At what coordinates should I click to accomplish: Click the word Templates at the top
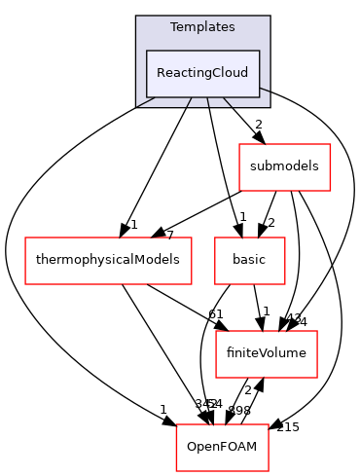point(202,27)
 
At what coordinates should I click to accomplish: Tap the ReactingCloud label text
point(202,73)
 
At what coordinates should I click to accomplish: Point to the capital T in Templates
point(174,27)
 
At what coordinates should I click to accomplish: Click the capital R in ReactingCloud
point(161,73)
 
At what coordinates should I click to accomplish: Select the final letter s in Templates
point(232,27)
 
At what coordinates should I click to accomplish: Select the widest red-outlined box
point(108,261)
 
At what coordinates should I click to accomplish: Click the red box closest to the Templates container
point(285,167)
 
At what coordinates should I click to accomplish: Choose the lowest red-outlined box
point(222,448)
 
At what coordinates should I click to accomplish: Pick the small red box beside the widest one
point(250,261)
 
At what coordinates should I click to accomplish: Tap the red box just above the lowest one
point(267,354)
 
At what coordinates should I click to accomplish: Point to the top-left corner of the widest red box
point(25,238)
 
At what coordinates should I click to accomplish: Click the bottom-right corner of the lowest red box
point(269,471)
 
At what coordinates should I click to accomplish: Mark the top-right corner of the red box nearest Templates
point(331,144)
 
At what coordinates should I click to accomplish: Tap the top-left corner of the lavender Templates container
point(136,17)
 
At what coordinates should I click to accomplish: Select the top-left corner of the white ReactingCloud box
point(147,51)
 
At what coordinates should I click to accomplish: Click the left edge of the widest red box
point(25,261)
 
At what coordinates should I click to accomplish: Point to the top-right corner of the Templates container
point(270,17)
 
